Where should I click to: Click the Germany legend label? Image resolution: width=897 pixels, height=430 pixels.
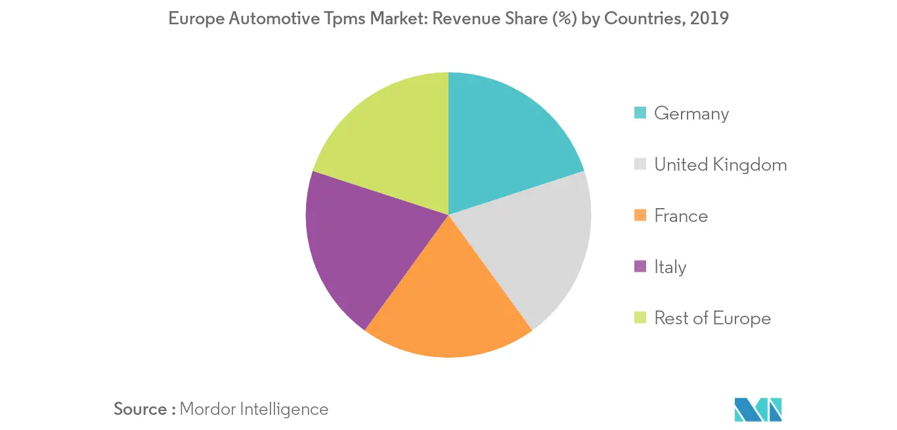(x=691, y=114)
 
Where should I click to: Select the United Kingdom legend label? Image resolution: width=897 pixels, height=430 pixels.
(x=720, y=165)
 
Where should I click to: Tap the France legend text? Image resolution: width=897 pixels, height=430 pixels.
(x=681, y=216)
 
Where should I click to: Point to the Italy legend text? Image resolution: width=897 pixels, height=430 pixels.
(x=670, y=267)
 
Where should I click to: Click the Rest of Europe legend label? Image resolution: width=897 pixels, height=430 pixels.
(x=712, y=318)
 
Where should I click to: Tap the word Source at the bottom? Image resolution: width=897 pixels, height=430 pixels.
(x=141, y=409)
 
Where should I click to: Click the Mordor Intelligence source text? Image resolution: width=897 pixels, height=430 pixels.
(x=253, y=409)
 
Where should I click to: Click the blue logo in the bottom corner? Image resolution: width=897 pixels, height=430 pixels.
(x=758, y=409)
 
